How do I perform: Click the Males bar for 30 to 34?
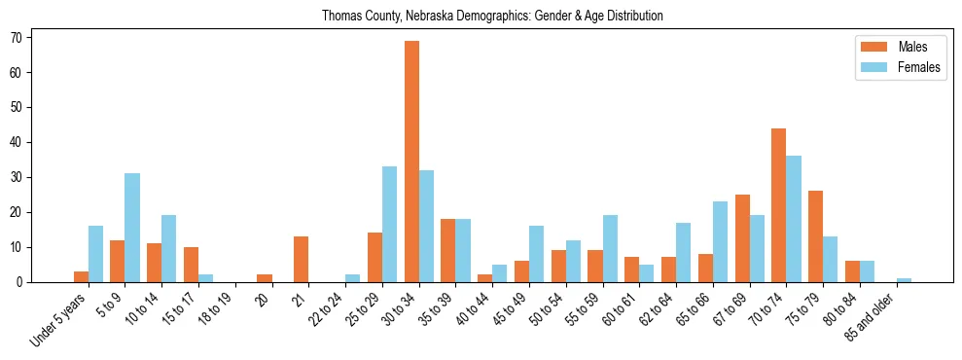[412, 162]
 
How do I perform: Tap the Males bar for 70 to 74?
[778, 205]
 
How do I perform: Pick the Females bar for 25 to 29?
[390, 225]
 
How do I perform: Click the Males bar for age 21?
[302, 259]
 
